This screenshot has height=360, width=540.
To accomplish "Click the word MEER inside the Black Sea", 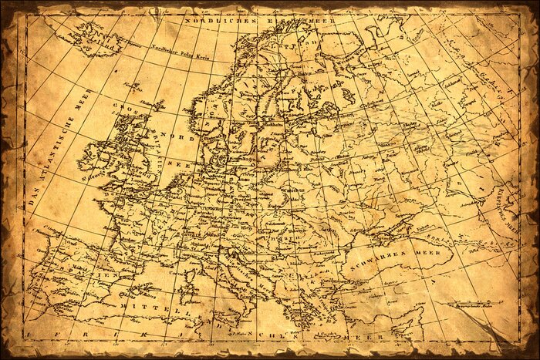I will [x=425, y=251].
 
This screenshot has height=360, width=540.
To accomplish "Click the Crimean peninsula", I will [x=394, y=227].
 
